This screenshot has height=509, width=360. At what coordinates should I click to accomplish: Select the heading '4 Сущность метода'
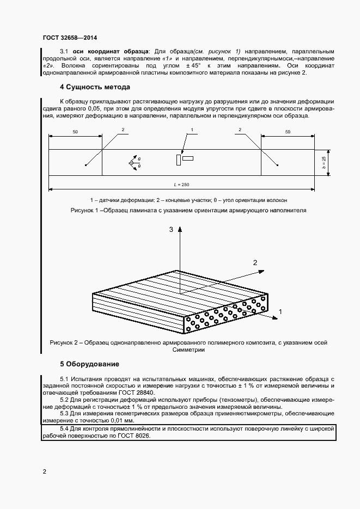pyautogui.click(x=95, y=87)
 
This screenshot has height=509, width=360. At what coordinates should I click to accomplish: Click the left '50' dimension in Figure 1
pyautogui.click(x=75, y=132)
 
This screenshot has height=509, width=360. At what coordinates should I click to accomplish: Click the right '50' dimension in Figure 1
pyautogui.click(x=287, y=132)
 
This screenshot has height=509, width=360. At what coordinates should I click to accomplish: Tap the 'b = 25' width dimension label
pyautogui.click(x=324, y=162)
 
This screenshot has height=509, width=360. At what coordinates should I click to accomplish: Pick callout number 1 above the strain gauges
pyautogui.click(x=192, y=130)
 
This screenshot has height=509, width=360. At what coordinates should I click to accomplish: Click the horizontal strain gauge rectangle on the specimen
pyautogui.click(x=188, y=158)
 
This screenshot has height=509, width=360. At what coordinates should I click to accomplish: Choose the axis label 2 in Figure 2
pyautogui.click(x=254, y=262)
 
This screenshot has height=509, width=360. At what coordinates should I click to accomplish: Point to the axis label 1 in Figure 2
pyautogui.click(x=280, y=312)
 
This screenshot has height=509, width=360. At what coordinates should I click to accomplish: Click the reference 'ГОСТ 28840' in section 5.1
pyautogui.click(x=137, y=392)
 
